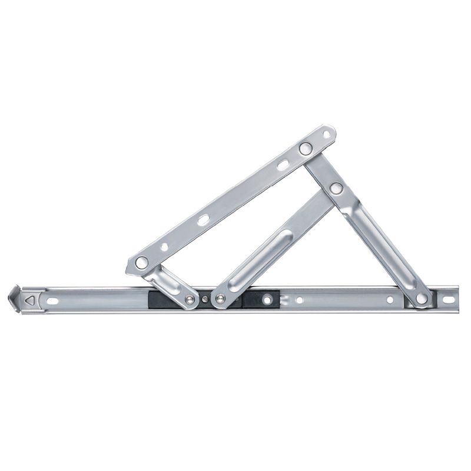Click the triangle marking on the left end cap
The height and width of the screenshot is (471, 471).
click(29, 300)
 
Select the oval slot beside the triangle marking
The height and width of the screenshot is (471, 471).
click(52, 301)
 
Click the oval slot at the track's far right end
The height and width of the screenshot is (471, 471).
click(448, 300)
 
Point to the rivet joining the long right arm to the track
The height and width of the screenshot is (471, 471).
click(422, 298)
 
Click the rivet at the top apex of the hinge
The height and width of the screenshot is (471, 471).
click(305, 148)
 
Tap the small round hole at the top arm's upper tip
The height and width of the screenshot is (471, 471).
click(327, 135)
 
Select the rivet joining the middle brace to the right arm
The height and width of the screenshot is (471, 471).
click(336, 188)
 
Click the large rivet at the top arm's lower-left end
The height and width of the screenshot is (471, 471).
click(142, 263)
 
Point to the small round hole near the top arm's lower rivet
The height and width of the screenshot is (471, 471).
click(164, 247)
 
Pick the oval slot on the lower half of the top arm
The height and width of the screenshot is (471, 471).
click(203, 220)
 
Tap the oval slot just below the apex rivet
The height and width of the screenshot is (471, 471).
click(284, 165)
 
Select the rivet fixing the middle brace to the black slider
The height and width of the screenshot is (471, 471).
click(219, 300)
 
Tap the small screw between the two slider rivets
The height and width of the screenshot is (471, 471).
click(204, 300)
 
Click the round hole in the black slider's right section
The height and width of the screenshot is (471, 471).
click(268, 300)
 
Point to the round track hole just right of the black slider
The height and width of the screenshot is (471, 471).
click(300, 300)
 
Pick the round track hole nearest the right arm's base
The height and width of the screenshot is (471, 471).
click(390, 300)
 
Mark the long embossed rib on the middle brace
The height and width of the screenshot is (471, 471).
click(259, 259)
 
